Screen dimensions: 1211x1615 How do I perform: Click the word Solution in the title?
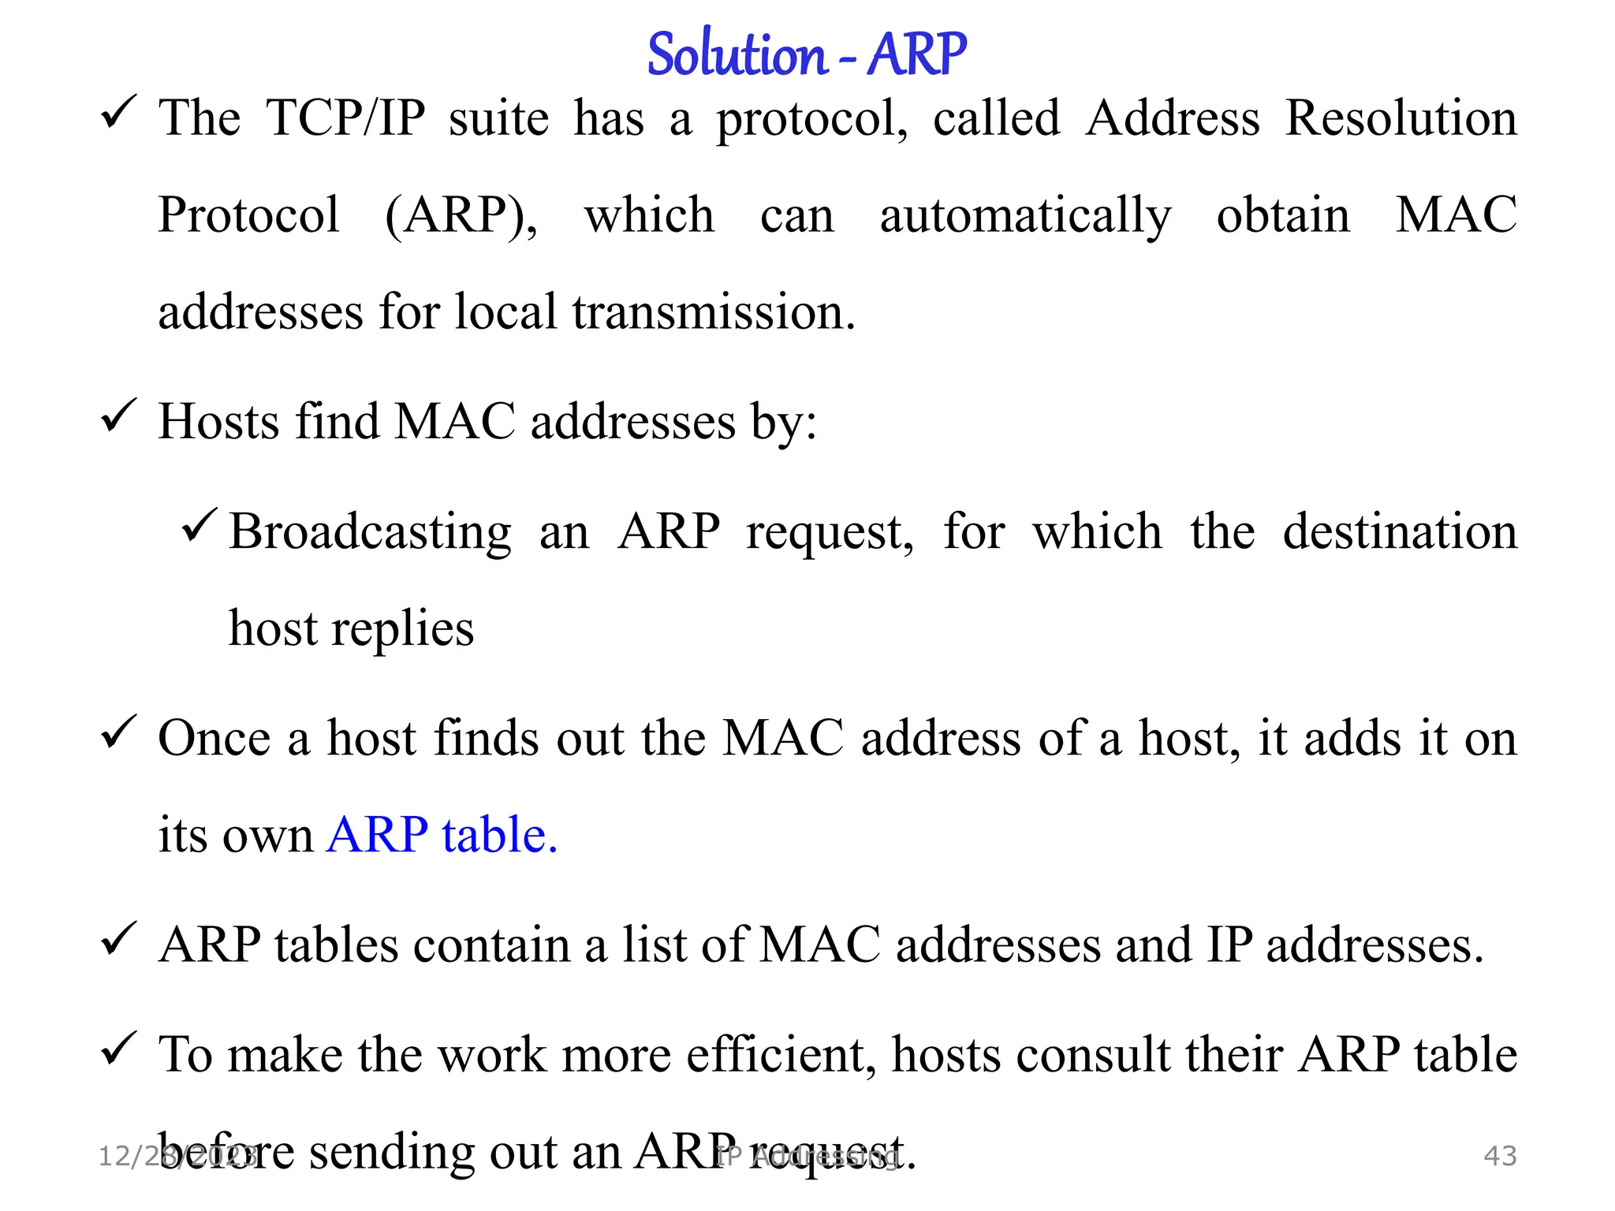click(736, 55)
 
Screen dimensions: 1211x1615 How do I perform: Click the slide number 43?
click(1500, 1156)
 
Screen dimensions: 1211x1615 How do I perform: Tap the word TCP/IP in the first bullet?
click(346, 118)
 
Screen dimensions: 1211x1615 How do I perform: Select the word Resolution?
click(1401, 118)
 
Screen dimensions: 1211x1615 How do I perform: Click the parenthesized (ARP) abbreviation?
click(461, 214)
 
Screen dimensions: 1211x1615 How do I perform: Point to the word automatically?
click(1025, 216)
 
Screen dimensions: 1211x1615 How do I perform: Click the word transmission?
click(713, 311)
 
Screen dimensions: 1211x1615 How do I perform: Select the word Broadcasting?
click(371, 532)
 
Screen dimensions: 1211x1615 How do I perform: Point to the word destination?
click(1400, 531)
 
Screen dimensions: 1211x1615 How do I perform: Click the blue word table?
click(499, 835)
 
